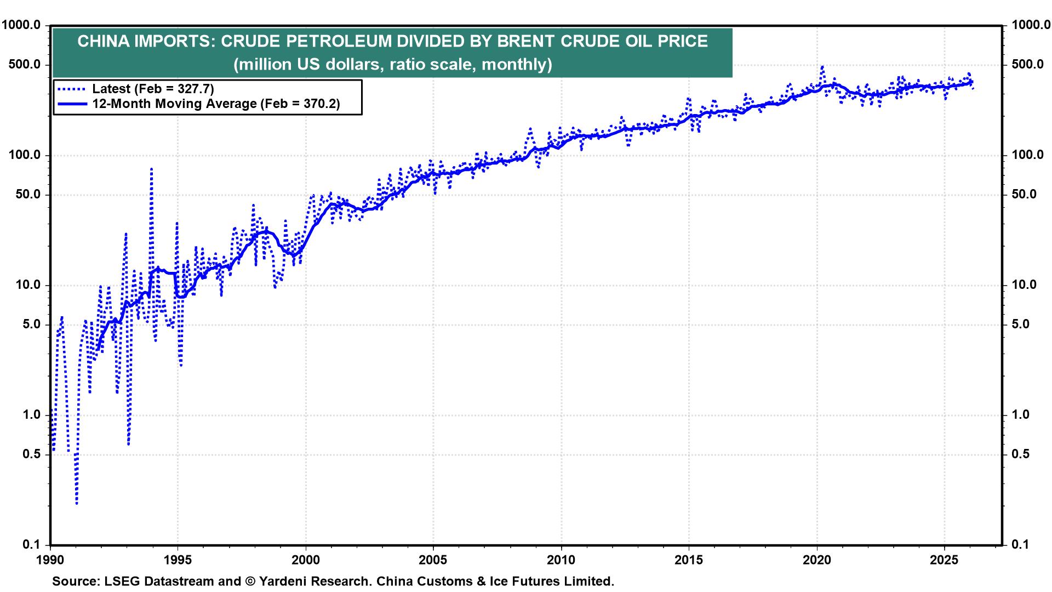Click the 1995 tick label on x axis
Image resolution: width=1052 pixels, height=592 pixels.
pos(178,561)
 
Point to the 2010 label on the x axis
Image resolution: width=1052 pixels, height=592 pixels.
pos(561,561)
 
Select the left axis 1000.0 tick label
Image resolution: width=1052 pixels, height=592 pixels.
pos(23,25)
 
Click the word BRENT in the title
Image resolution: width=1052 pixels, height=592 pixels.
pos(529,42)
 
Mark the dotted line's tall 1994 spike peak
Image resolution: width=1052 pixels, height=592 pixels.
pos(151,169)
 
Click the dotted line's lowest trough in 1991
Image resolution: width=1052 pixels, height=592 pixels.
pos(76,503)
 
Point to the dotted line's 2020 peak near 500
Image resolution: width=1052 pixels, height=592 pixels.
pos(822,67)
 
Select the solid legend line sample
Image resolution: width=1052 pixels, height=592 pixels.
pos(71,104)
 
